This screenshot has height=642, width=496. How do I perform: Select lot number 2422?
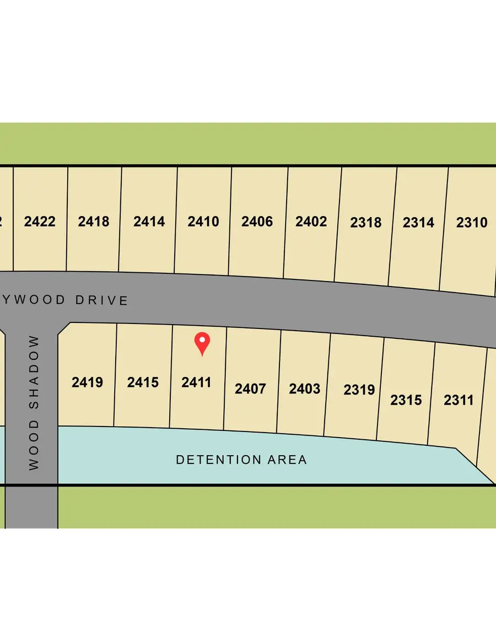click(x=40, y=222)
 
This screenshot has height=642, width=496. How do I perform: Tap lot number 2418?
click(x=93, y=222)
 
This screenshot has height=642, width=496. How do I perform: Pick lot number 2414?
click(x=149, y=222)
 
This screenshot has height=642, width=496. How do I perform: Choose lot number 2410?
click(x=203, y=222)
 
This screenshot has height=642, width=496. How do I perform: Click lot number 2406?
click(x=257, y=222)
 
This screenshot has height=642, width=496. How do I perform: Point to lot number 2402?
click(x=311, y=222)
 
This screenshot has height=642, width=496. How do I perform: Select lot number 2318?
click(x=365, y=223)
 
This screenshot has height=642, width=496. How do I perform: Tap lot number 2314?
click(x=418, y=223)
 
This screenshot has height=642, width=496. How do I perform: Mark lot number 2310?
click(x=472, y=223)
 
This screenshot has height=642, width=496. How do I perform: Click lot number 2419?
click(x=87, y=382)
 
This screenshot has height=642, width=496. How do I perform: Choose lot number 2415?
click(x=143, y=382)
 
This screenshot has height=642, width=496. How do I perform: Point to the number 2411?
click(x=196, y=382)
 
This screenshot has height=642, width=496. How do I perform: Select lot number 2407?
click(x=250, y=389)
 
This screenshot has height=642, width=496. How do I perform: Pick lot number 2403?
click(x=304, y=389)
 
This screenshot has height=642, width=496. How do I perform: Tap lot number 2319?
click(x=359, y=390)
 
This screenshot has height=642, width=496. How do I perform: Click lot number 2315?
click(x=406, y=400)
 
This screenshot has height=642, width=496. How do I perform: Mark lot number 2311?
click(x=459, y=400)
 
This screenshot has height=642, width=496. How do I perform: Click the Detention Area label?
click(x=241, y=460)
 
